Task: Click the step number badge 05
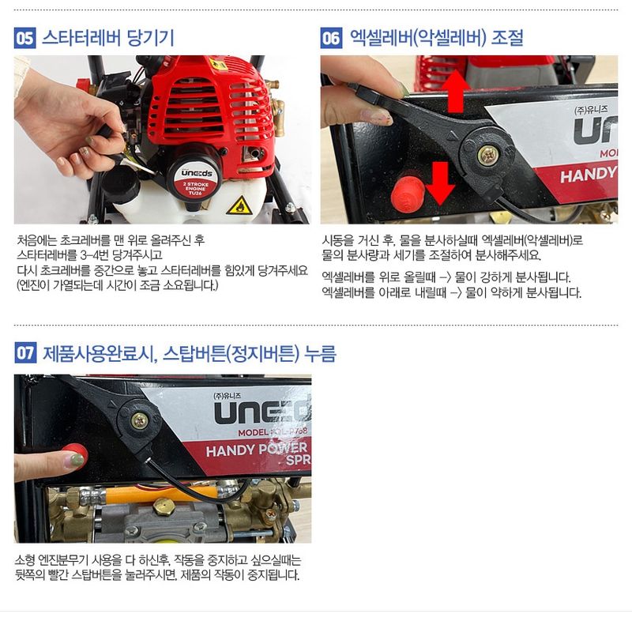point(25,38)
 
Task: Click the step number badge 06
point(331,38)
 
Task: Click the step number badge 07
point(25,353)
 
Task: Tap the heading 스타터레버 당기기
point(107,38)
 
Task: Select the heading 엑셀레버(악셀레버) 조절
point(435,38)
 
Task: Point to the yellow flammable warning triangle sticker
point(237,205)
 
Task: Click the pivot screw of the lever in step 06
point(488,152)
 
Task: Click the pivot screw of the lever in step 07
point(140,420)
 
